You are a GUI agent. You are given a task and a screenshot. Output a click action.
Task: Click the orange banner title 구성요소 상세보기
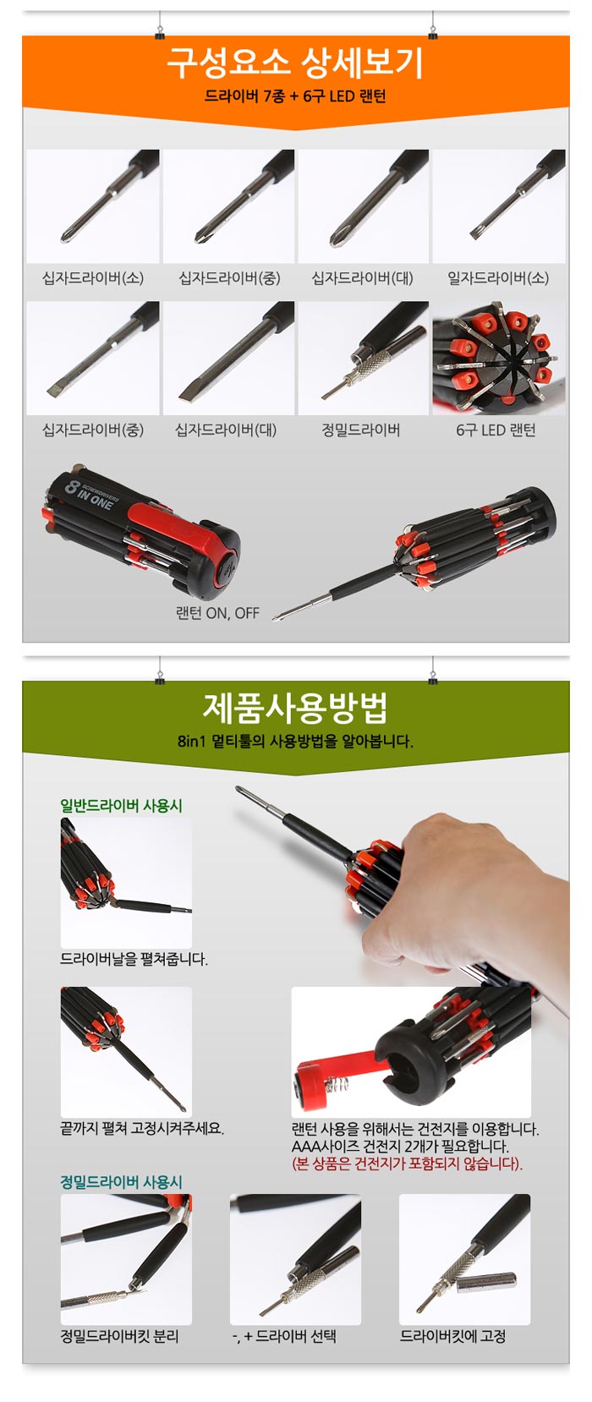pos(295,63)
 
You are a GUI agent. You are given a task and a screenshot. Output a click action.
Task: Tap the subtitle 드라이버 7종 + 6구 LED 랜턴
pos(295,96)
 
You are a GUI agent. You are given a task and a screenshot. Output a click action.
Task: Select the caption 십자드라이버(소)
pos(93,278)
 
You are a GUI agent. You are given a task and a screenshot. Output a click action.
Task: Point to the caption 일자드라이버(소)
pos(497,278)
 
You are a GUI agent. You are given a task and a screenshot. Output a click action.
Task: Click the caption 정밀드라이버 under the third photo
pos(361,430)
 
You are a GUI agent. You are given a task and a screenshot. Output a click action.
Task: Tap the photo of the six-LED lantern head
pos(499,358)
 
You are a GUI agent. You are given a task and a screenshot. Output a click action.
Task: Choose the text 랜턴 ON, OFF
pos(217,613)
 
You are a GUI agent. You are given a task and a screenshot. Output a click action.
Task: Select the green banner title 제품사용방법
pos(295,708)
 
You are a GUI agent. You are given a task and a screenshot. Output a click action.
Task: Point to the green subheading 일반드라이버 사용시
pos(122,806)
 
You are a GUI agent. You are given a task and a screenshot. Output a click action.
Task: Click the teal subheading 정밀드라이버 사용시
pos(122,1182)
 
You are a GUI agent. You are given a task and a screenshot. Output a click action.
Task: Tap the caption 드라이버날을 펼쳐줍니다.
pos(134,959)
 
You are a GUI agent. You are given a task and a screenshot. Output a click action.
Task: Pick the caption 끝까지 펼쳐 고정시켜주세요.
pos(142,1129)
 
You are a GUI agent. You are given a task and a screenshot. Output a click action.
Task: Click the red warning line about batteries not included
pos(408,1164)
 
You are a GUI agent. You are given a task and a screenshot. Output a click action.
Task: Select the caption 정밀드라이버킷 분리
pos(119,1336)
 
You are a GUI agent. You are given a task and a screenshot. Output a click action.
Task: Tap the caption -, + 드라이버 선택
pos(284,1336)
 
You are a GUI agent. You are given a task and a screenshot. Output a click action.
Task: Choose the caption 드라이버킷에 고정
pos(453,1336)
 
